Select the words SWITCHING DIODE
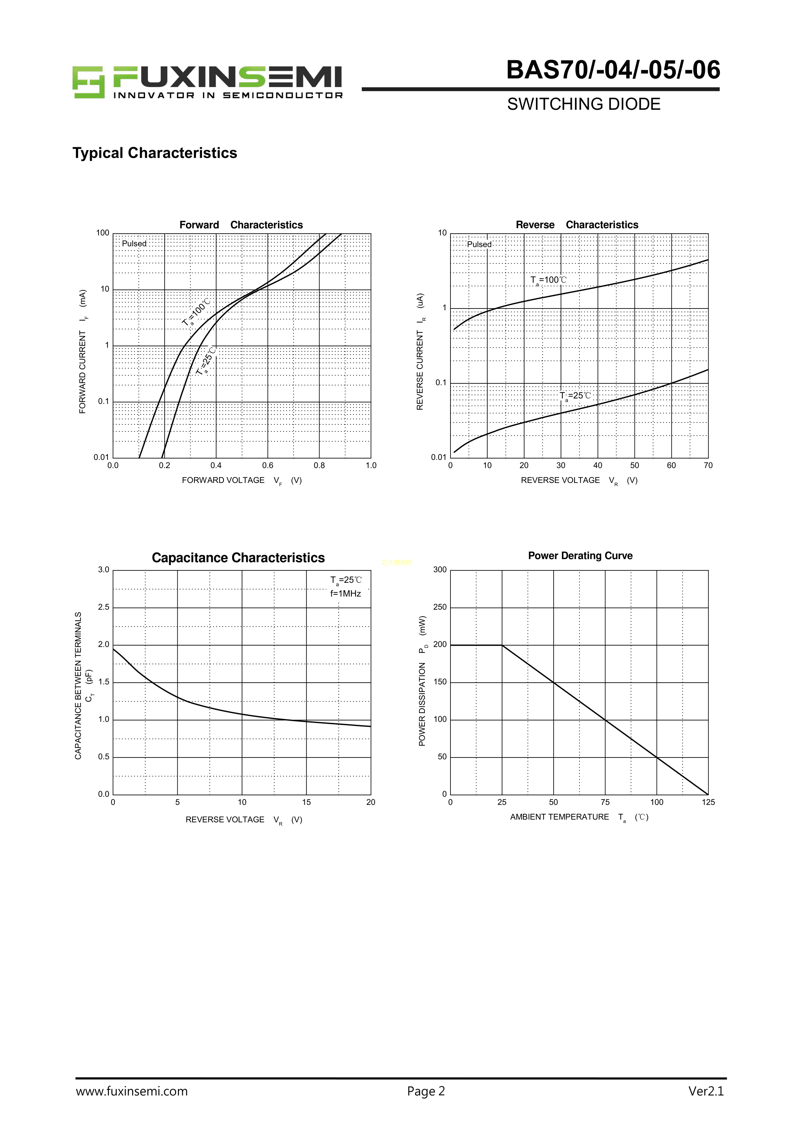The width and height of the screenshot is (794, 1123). (584, 104)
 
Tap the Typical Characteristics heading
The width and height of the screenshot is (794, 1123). (155, 153)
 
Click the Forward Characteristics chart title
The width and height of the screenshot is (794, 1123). (241, 225)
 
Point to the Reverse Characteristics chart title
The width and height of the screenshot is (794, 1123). (577, 225)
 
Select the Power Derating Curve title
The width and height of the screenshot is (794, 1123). (580, 556)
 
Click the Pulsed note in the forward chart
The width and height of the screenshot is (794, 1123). (134, 244)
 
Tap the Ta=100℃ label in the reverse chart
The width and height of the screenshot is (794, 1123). (548, 280)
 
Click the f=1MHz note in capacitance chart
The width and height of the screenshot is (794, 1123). (345, 593)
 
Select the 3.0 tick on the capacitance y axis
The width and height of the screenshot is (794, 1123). (104, 570)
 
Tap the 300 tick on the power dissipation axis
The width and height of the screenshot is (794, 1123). (440, 570)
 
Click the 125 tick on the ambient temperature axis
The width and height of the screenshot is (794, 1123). (708, 802)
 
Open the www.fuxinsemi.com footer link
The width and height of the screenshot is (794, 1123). (132, 1091)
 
